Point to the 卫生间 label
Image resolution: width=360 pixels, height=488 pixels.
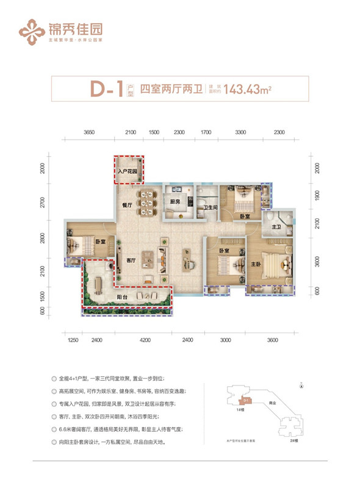tap(211, 206)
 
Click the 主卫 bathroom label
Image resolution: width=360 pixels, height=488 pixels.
tap(275, 228)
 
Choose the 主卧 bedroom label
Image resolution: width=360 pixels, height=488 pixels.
tap(257, 264)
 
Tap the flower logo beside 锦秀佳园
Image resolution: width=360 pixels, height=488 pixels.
tap(31, 27)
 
